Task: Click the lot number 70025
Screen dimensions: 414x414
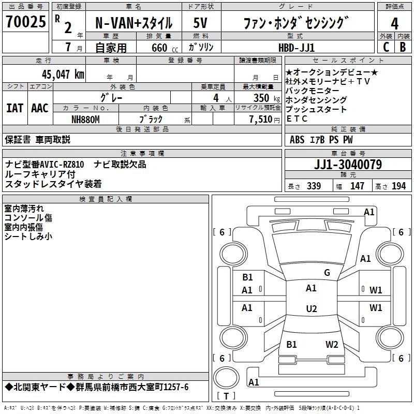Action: click(x=26, y=21)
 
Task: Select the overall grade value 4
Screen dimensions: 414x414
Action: click(x=394, y=24)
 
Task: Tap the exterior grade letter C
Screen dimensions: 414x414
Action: click(x=386, y=47)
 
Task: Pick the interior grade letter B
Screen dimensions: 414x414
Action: click(x=403, y=47)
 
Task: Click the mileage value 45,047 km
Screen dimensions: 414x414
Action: click(x=63, y=74)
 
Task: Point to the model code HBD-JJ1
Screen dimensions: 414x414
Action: click(x=297, y=48)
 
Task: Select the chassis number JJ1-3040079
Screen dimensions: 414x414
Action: click(x=348, y=165)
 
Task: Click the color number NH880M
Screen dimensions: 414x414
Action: click(x=85, y=120)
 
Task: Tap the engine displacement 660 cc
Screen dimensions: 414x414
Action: click(x=165, y=48)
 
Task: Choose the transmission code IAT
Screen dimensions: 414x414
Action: click(x=15, y=108)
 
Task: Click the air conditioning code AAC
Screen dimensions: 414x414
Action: click(x=40, y=108)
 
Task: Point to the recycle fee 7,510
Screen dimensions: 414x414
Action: click(x=261, y=120)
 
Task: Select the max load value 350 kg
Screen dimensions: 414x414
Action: click(x=267, y=98)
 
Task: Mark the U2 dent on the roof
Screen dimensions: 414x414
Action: click(x=312, y=308)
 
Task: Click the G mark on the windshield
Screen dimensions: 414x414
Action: click(x=327, y=273)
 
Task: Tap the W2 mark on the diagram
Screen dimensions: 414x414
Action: click(x=332, y=344)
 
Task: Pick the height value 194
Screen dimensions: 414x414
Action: click(x=398, y=186)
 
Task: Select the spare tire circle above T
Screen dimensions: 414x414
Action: click(x=226, y=378)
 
